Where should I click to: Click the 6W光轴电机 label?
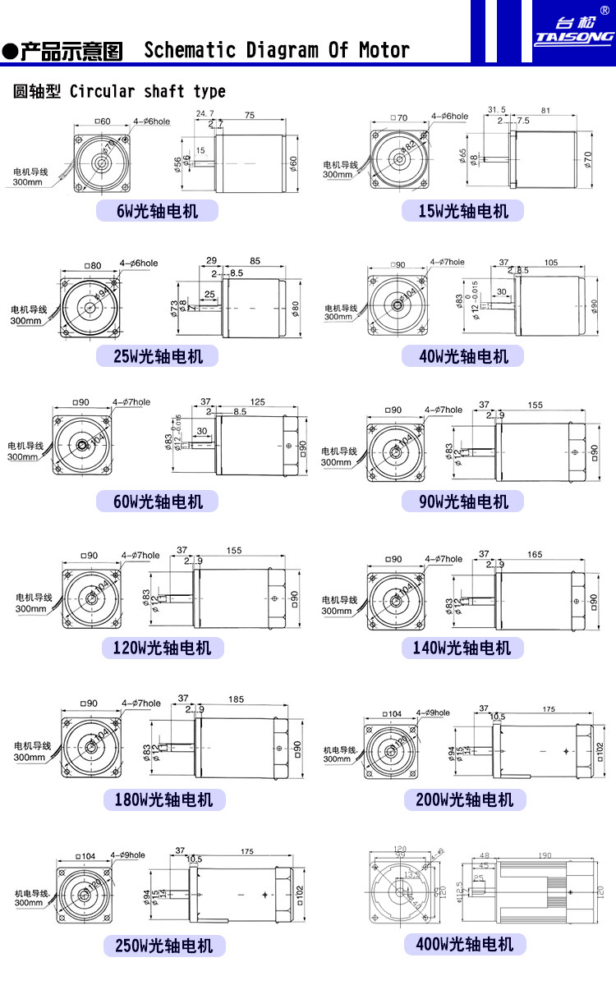pyautogui.click(x=158, y=211)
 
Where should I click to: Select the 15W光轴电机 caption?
pyautogui.click(x=463, y=211)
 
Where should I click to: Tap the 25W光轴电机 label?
pyautogui.click(x=158, y=356)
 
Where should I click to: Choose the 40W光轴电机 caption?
pyautogui.click(x=463, y=356)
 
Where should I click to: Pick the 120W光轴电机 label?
pyautogui.click(x=163, y=648)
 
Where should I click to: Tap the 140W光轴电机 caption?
pyautogui.click(x=463, y=648)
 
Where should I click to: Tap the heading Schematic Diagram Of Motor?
pyautogui.click(x=277, y=51)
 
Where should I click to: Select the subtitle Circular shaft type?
pyautogui.click(x=147, y=91)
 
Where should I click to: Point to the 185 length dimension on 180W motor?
pyautogui.click(x=236, y=699)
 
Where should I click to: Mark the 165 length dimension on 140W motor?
pyautogui.click(x=535, y=555)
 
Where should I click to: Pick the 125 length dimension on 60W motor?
pyautogui.click(x=256, y=401)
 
